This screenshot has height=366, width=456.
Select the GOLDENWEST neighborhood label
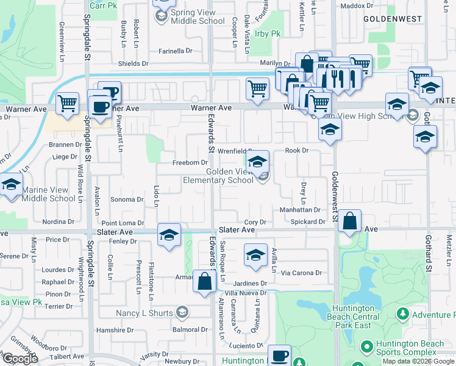[x=393, y=19]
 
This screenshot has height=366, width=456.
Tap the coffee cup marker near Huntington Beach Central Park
[x=280, y=356]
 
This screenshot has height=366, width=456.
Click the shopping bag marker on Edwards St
[x=205, y=281]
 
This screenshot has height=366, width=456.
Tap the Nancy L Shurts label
[x=145, y=313]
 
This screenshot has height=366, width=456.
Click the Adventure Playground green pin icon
[x=402, y=315]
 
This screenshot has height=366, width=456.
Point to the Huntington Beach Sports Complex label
[x=410, y=348]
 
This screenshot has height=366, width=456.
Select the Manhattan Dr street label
[x=300, y=209]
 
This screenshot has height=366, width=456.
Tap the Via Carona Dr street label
[x=301, y=273]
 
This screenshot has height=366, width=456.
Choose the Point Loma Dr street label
[x=123, y=223]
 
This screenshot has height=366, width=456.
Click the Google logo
[x=21, y=358]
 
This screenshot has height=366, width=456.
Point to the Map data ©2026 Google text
[x=418, y=361]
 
